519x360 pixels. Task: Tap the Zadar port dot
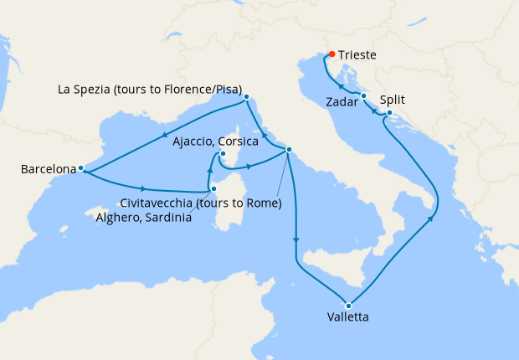(x=364, y=96)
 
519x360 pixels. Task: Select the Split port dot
(x=389, y=115)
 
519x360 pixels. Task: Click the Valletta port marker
(x=347, y=304)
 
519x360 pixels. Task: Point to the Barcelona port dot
(x=80, y=168)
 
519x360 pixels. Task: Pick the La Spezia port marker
(x=246, y=97)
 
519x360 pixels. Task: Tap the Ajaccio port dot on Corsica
(x=222, y=154)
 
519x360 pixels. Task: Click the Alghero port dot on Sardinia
(x=215, y=189)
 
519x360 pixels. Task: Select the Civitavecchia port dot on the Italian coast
(x=288, y=150)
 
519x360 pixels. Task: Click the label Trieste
(x=357, y=56)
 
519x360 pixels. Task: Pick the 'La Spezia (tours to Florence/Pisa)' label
(x=150, y=89)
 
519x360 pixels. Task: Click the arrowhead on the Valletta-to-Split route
(x=433, y=219)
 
